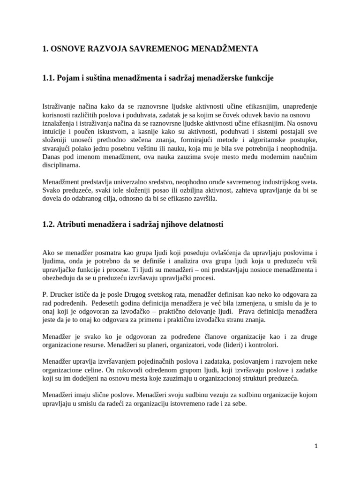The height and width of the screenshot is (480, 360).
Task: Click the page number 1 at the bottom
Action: [316, 447]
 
